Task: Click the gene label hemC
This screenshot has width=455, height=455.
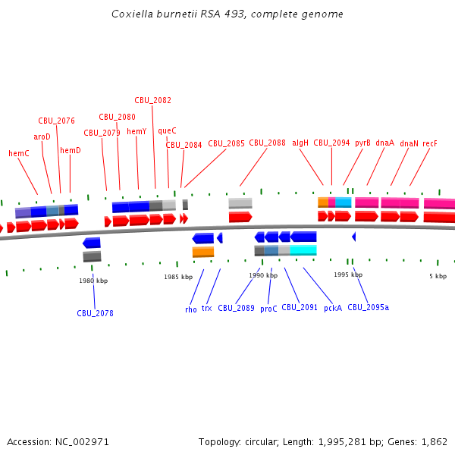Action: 19,153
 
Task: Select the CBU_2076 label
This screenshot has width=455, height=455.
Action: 57,121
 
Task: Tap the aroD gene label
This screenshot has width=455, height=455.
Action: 42,136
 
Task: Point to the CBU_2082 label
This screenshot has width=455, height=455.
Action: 153,100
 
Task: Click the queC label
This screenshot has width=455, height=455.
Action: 167,130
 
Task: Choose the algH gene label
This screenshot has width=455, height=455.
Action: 300,143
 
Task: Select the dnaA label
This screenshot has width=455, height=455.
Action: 384,143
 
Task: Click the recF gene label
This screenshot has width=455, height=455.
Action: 430,143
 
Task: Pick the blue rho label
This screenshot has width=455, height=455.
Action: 191,309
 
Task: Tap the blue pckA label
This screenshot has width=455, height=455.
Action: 333,308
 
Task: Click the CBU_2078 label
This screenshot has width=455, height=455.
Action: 95,313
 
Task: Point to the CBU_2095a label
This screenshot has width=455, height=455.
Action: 368,308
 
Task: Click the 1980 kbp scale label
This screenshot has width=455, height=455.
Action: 93,281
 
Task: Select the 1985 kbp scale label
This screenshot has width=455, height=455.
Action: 178,277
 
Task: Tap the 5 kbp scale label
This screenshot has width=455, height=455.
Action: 438,276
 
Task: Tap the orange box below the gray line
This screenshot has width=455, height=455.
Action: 203,252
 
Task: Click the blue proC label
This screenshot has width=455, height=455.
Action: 268,309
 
